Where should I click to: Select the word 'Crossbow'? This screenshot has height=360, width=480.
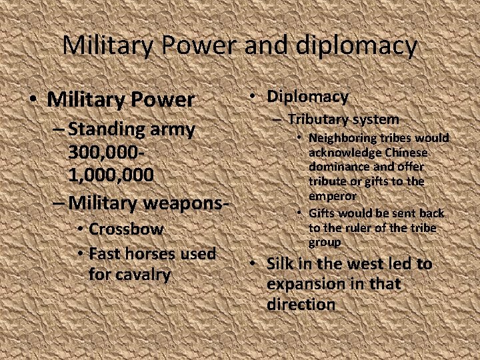126,229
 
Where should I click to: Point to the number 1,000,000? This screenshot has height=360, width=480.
111,175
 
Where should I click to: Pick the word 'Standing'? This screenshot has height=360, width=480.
105,129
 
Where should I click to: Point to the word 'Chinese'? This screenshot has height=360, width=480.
403,153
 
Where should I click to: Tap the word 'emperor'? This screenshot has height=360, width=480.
332,197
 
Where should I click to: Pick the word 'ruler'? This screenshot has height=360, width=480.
356,228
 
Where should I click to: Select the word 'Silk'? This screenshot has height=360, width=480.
280,264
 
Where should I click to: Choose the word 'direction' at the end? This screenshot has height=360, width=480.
301,305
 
